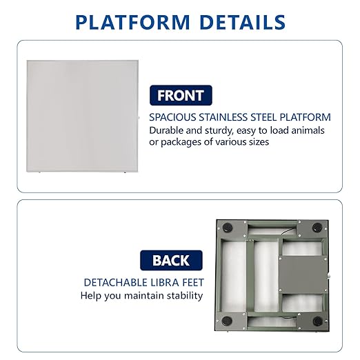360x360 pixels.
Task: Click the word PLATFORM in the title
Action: tap(132, 22)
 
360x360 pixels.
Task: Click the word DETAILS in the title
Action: tap(243, 22)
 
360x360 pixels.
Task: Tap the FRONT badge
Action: tap(181, 95)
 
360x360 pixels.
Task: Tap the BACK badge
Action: tap(171, 260)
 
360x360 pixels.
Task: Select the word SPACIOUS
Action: tap(172, 117)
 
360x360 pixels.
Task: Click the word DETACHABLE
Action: tap(115, 283)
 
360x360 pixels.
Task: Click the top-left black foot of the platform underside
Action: tap(228, 228)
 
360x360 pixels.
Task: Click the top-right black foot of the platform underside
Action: tap(317, 227)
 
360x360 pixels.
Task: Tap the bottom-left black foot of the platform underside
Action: tap(227, 320)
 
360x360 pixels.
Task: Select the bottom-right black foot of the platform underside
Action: tap(318, 321)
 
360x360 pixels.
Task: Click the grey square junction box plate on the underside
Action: tap(303, 275)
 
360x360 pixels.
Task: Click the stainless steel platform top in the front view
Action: tap(82, 116)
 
